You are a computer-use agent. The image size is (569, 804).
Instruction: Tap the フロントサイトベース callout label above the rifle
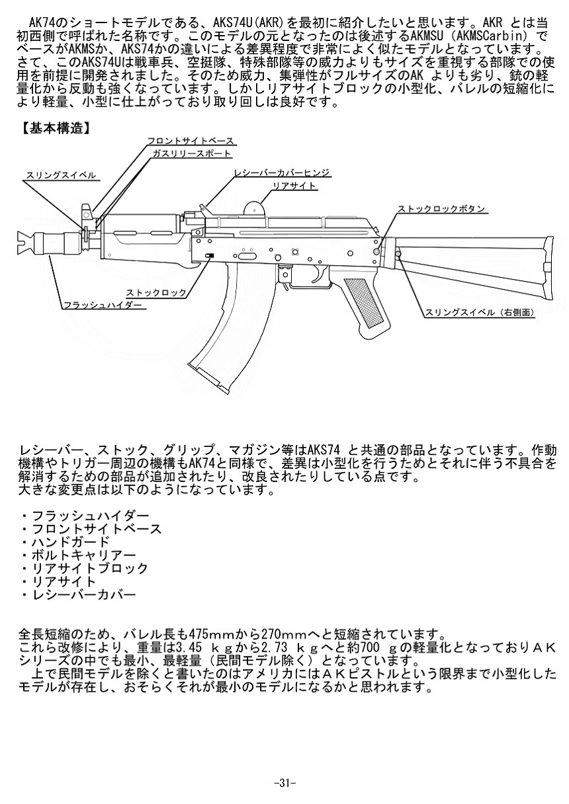190,141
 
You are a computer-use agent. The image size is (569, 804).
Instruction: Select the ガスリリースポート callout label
192,153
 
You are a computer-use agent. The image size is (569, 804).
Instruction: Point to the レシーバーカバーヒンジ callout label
281,173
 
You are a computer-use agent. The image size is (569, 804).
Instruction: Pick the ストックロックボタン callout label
441,209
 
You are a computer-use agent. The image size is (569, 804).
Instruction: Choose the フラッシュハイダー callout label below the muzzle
103,305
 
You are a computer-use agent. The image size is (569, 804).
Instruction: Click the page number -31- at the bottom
284,782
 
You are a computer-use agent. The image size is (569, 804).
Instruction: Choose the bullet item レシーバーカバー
83,594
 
